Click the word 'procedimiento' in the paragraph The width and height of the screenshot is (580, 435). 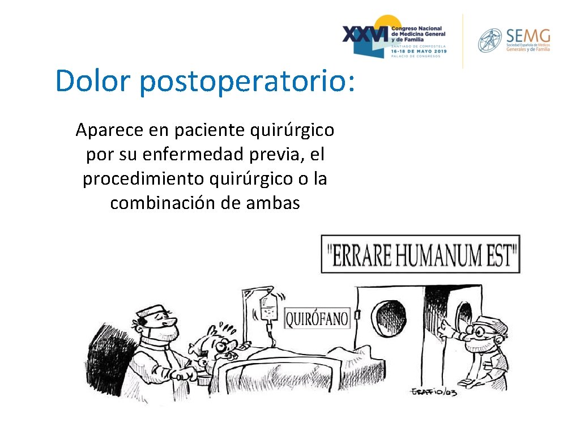143,178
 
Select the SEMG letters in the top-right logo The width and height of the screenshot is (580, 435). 528,36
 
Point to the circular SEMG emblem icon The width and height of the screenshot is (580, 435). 490,41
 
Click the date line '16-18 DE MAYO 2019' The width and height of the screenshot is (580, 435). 419,51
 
